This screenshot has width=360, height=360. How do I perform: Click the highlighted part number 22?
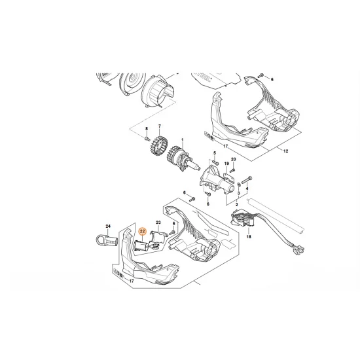142,231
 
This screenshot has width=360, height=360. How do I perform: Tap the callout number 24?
109,226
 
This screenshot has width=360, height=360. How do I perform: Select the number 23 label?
158,223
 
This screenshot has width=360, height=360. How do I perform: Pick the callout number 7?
158,125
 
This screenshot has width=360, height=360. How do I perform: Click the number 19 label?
226,164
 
